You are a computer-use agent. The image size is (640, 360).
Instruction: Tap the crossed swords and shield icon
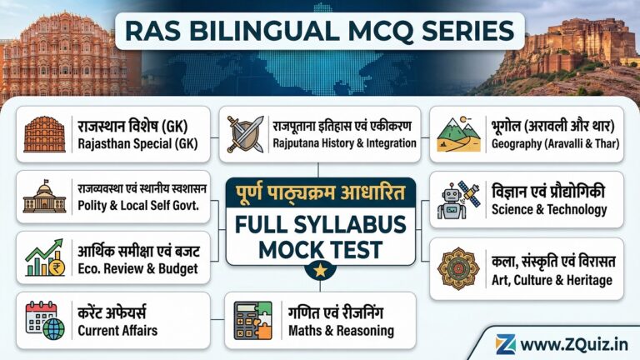pos(246,134)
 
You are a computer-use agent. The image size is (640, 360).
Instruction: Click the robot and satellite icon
pos(458,200)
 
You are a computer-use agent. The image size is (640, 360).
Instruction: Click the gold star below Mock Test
pos(321,269)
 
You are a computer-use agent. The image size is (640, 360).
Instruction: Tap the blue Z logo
pos(505,343)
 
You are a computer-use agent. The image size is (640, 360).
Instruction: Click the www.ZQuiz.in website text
pos(574,343)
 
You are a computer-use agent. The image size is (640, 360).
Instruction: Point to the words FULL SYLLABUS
pos(321,223)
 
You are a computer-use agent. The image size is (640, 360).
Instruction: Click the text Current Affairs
pos(117,330)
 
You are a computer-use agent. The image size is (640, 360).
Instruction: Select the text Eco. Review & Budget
pos(138,268)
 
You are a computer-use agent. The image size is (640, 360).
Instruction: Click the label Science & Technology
pos(548,209)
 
